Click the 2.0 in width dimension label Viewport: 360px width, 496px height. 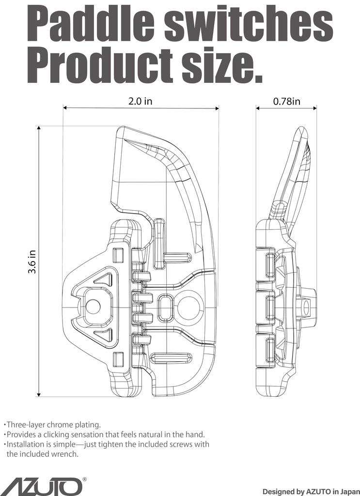click(140, 101)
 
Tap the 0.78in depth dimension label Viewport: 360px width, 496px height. click(286, 101)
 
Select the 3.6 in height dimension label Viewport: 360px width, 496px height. click(32, 262)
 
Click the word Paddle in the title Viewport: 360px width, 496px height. click(91, 25)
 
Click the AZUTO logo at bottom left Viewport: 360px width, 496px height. click(41, 486)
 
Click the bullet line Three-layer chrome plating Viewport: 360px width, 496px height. click(53, 425)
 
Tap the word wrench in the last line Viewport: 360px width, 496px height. click(65, 454)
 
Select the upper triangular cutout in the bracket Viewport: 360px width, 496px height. click(103, 279)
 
